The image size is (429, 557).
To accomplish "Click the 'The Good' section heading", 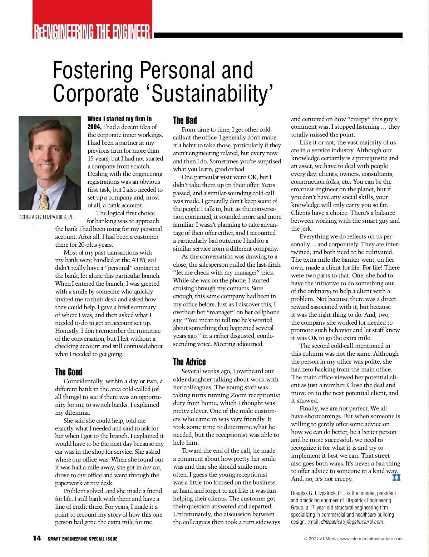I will (69, 372).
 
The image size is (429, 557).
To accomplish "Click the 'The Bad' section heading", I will (185, 120).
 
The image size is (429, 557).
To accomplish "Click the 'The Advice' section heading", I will (189, 362).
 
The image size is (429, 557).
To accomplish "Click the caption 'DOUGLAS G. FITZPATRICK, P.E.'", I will (46, 217).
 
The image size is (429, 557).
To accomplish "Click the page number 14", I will (37, 538).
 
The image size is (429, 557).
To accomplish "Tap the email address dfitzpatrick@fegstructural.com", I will (352, 522).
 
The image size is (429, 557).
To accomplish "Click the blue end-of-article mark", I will (396, 477).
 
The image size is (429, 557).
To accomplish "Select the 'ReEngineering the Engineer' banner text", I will (92, 31).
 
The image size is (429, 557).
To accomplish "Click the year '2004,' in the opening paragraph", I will (95, 127).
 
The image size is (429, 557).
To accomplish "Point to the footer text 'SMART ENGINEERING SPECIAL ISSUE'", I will (82, 539).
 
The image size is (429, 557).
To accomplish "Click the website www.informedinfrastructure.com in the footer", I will (371, 539).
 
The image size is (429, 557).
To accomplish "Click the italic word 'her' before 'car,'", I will (147, 467).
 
